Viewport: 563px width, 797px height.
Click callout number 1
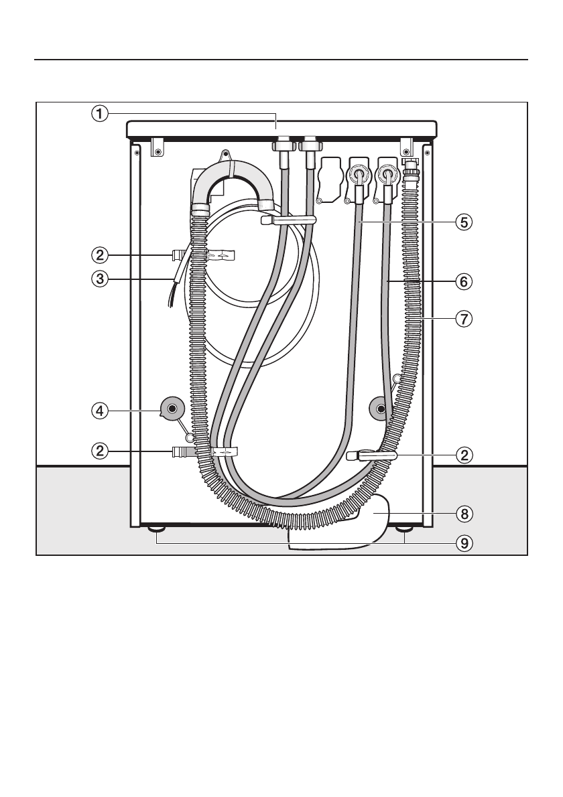coord(100,113)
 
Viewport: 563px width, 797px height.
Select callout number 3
coord(100,279)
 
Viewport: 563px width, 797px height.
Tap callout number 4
coord(100,410)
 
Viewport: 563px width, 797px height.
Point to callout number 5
coord(464,222)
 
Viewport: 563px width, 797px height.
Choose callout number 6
coord(464,281)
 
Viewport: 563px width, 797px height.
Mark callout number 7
coord(464,319)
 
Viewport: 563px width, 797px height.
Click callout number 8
coord(464,514)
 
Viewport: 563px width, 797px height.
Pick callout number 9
coord(464,544)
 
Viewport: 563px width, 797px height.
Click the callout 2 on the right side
coord(464,455)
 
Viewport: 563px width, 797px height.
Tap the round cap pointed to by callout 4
coord(172,408)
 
